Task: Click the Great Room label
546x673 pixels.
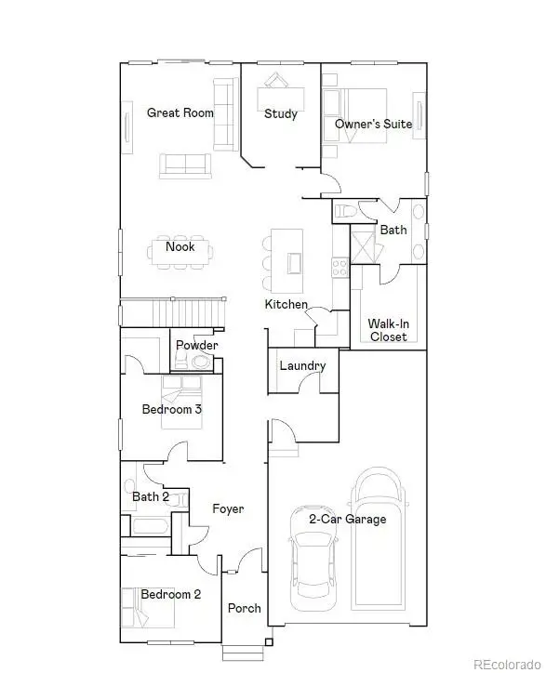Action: click(180, 112)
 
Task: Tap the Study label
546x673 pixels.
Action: click(280, 114)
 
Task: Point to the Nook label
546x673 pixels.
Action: click(180, 247)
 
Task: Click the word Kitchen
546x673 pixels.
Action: click(286, 305)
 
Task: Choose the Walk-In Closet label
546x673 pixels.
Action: click(388, 330)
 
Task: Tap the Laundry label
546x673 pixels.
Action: click(302, 365)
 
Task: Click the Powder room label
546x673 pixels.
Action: click(197, 346)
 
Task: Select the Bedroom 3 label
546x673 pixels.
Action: click(171, 409)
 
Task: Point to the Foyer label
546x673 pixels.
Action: click(228, 508)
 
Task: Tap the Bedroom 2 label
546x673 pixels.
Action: click(171, 594)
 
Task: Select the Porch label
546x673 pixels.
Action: click(245, 608)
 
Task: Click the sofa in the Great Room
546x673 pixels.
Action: click(184, 165)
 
